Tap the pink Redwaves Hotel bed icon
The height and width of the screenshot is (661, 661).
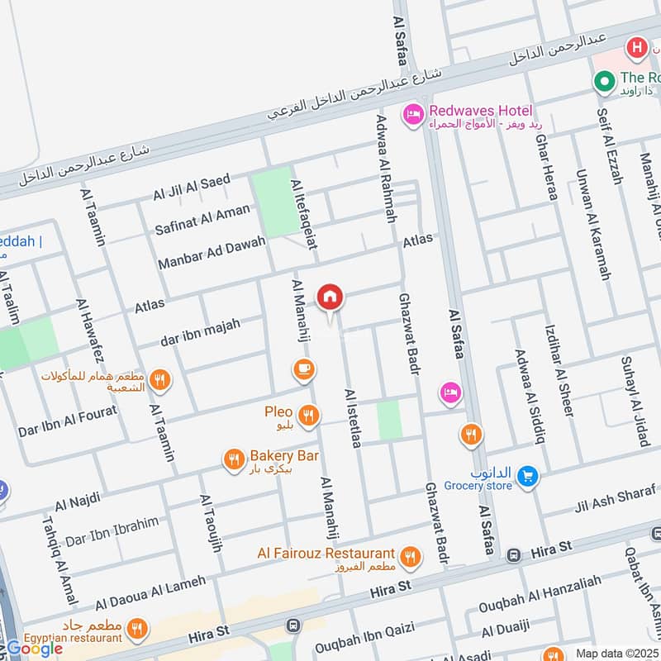(x=412, y=113)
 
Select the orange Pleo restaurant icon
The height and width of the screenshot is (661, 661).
(x=310, y=416)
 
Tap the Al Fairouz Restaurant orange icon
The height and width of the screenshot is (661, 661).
(x=409, y=558)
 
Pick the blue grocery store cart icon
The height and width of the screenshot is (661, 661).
(x=528, y=477)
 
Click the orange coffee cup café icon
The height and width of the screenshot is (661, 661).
(x=303, y=369)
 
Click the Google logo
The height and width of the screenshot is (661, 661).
(x=35, y=649)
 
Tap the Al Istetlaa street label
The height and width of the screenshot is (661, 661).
(x=354, y=418)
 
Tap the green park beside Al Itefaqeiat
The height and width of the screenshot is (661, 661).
(x=275, y=201)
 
